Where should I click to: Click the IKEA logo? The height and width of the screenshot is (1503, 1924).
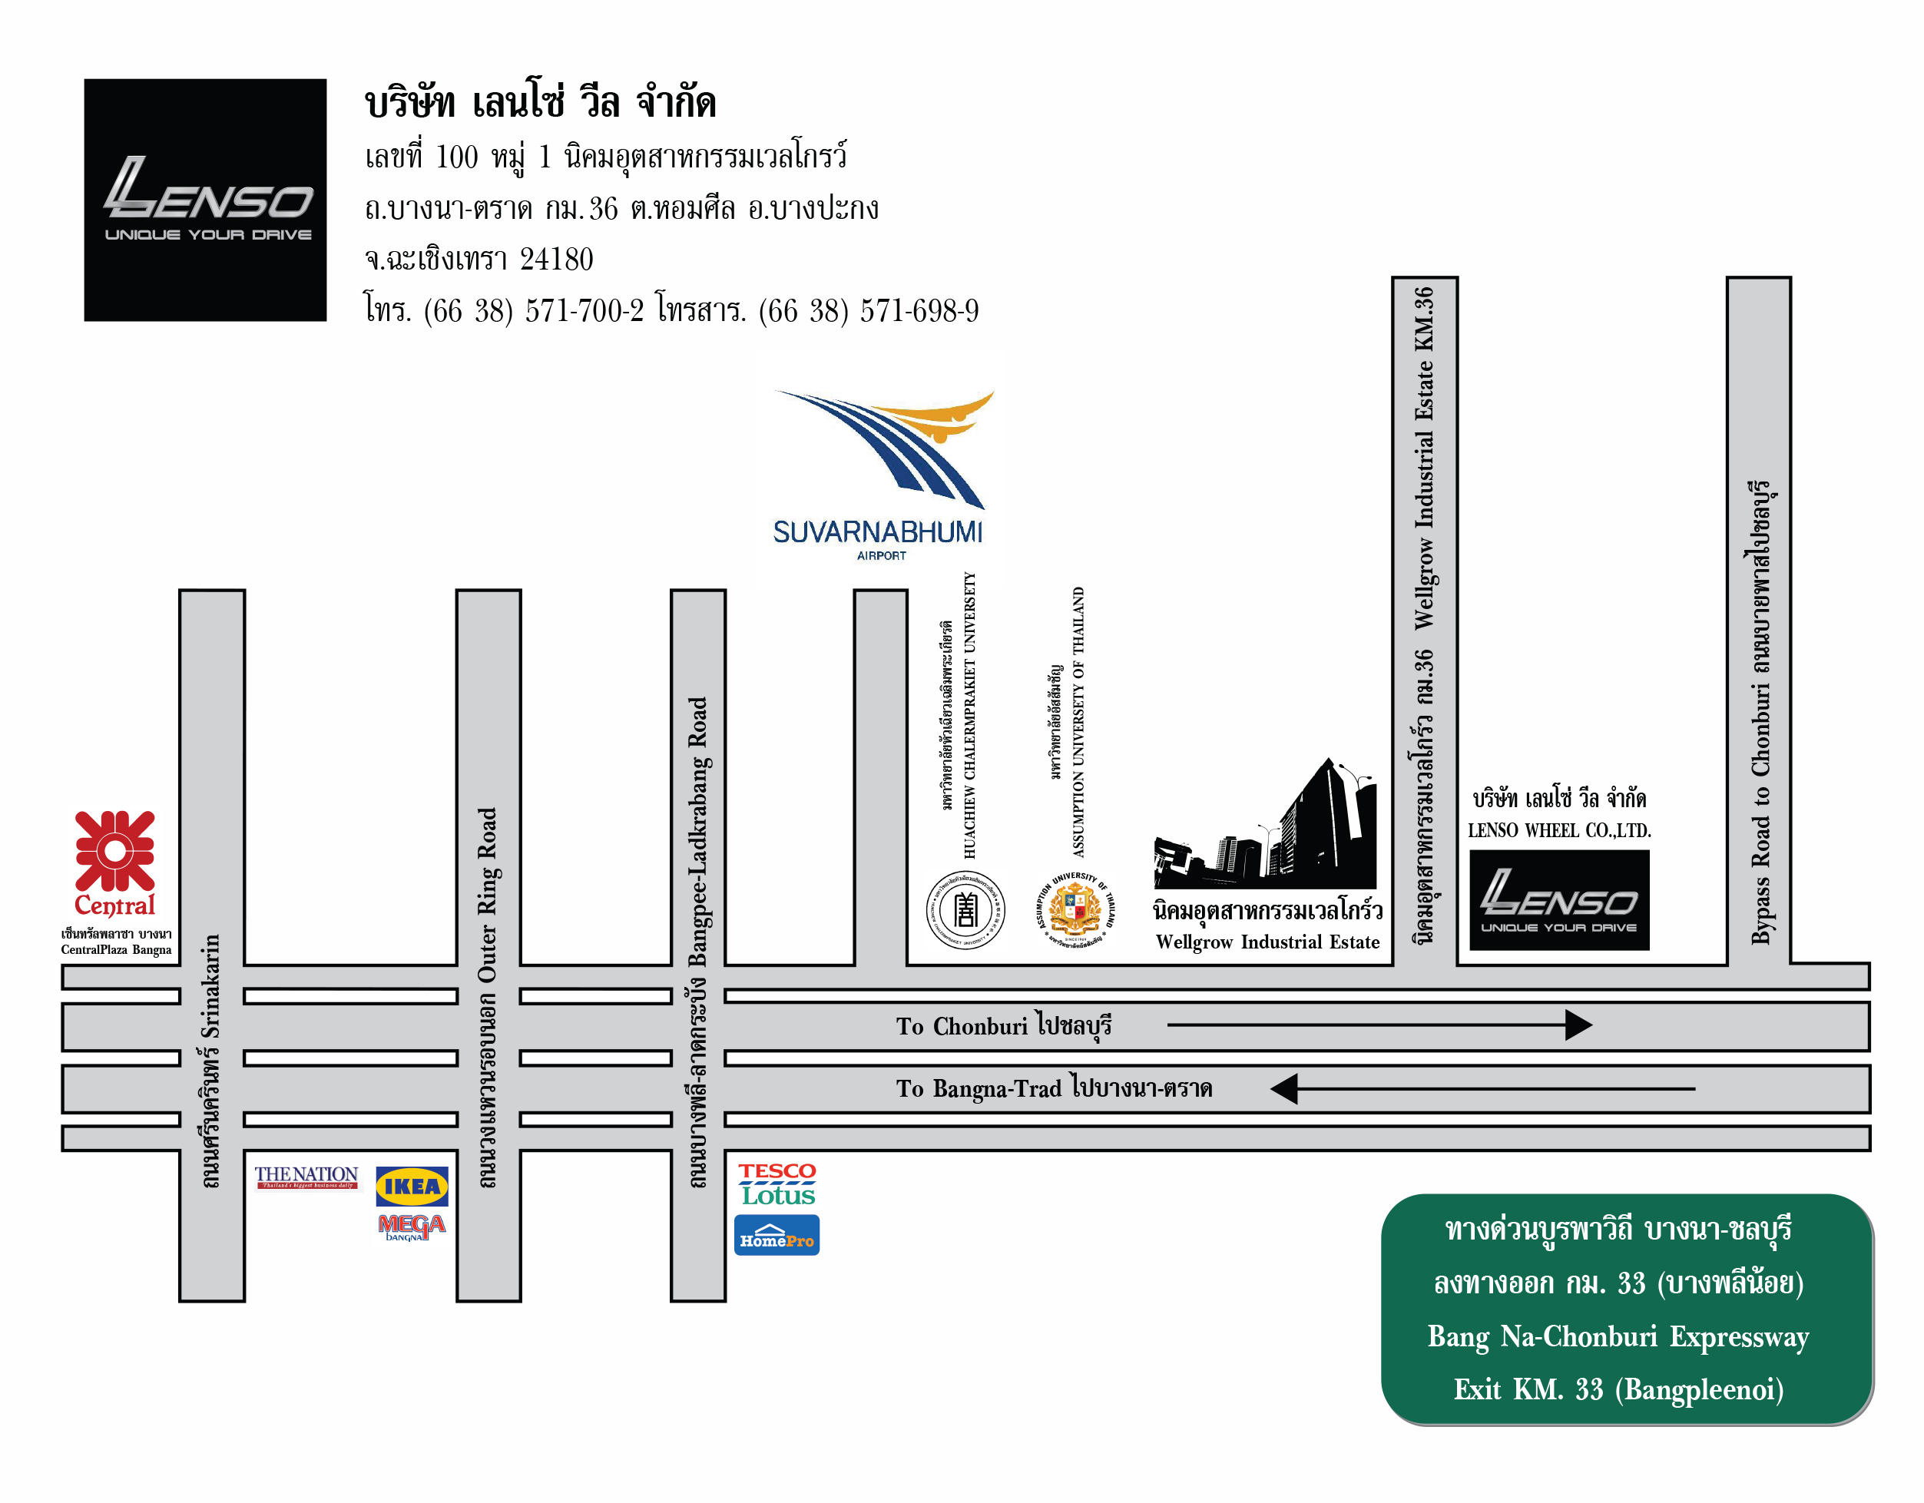[412, 1186]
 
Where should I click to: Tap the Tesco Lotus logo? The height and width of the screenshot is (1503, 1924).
[777, 1184]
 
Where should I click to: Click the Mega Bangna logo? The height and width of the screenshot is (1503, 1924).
[412, 1227]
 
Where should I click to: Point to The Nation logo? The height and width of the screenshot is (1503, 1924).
[306, 1177]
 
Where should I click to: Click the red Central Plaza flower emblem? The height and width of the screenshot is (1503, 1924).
[114, 851]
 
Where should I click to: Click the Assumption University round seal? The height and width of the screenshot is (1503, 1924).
[1075, 909]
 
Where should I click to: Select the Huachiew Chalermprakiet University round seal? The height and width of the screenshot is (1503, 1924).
[965, 909]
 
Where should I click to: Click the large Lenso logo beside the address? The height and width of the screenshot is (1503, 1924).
[205, 200]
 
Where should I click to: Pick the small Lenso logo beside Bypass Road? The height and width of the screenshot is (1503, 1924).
[1558, 899]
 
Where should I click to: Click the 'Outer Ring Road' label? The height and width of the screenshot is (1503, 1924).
[487, 894]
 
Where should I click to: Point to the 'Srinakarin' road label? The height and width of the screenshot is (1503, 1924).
[210, 987]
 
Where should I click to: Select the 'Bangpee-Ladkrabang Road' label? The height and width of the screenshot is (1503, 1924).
[697, 832]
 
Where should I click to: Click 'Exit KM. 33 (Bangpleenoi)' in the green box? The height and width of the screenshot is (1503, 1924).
[1618, 1389]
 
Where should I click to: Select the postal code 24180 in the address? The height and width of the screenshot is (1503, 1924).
[556, 259]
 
